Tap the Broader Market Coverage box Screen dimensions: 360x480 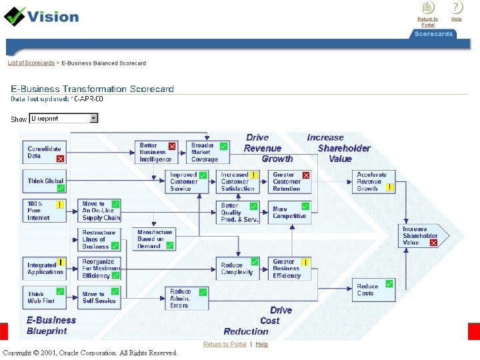[207, 153]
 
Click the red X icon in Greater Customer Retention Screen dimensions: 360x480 [306, 175]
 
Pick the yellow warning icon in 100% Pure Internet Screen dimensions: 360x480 [60, 205]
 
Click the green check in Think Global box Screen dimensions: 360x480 [61, 189]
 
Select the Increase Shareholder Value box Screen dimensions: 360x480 [421, 236]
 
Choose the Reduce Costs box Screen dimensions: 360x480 [371, 290]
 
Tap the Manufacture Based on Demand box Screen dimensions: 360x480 [155, 239]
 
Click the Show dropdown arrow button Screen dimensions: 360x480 [93, 118]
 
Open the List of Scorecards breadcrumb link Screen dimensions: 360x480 [31, 63]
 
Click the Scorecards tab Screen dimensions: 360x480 [433, 34]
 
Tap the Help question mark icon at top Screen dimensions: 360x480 [456, 8]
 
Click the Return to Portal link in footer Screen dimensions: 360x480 [225, 344]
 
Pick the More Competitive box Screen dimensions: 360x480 [289, 213]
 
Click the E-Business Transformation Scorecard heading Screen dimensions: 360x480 [92, 89]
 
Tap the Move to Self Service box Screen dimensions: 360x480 [99, 297]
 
